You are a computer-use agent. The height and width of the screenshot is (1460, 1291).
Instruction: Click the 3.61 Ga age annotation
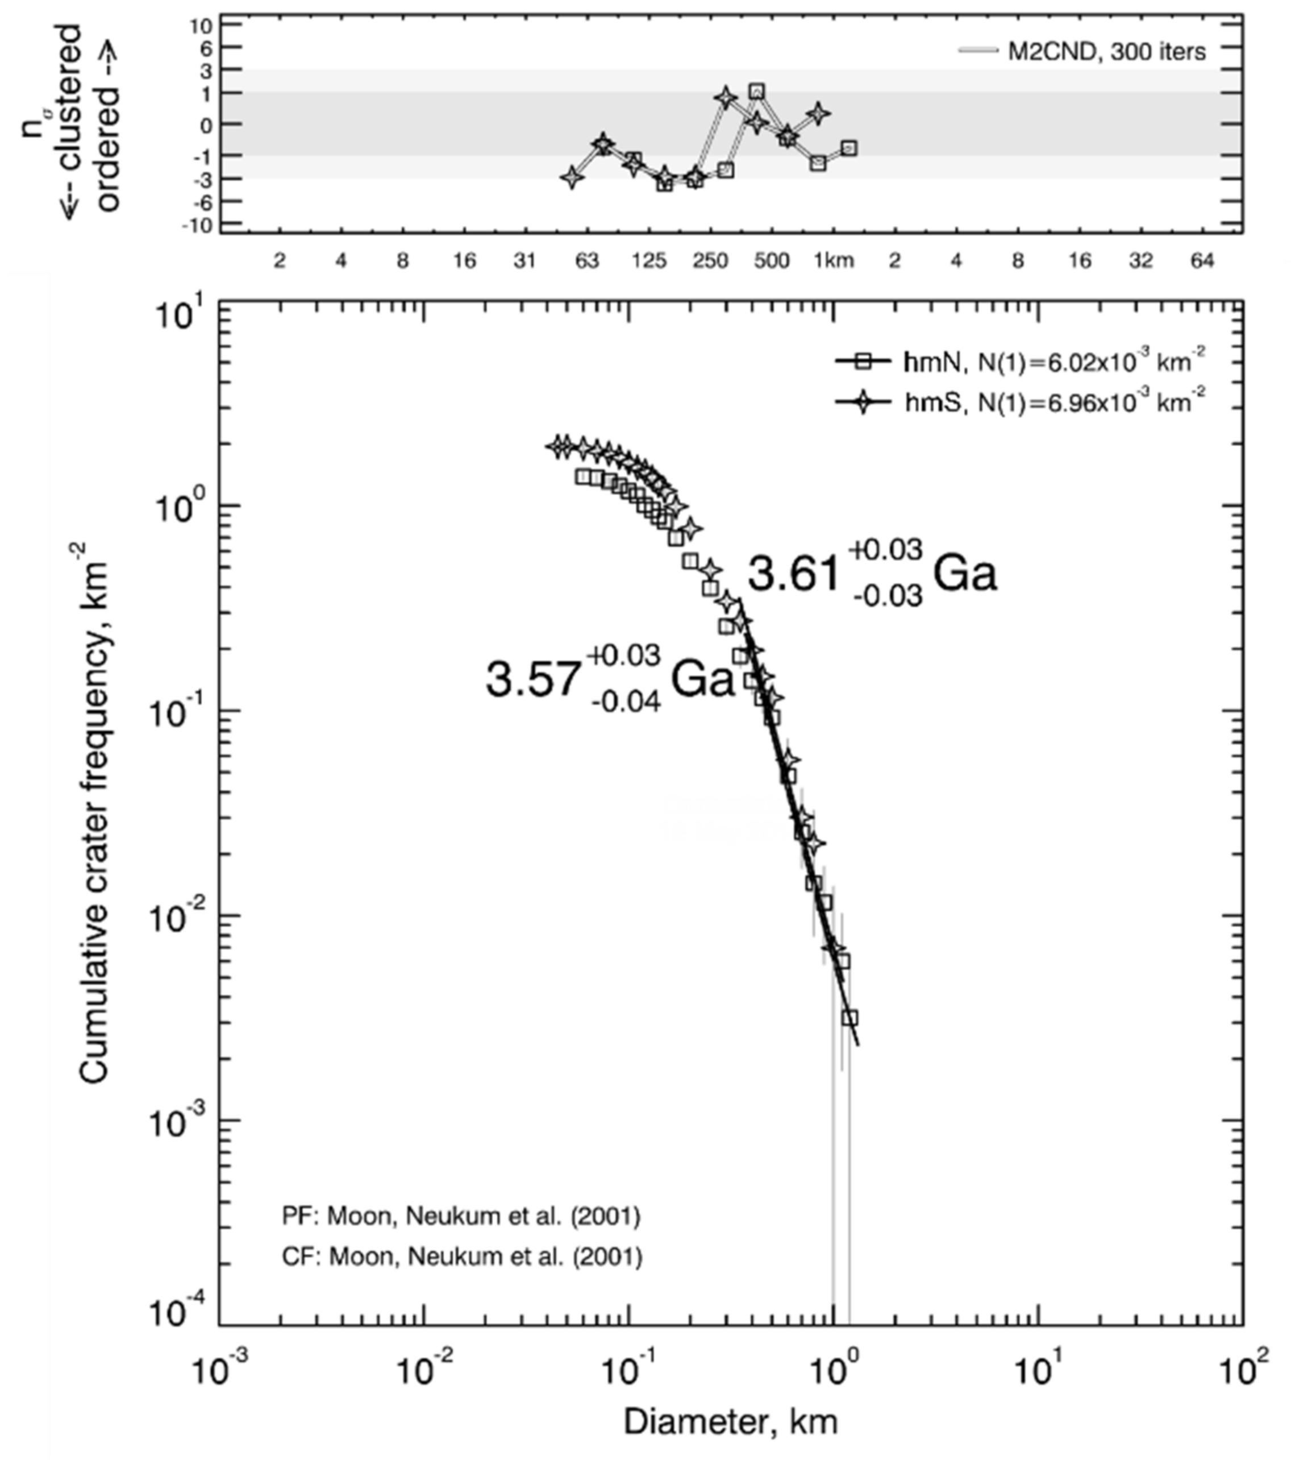(x=871, y=574)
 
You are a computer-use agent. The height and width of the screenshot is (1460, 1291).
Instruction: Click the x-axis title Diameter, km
(x=730, y=1421)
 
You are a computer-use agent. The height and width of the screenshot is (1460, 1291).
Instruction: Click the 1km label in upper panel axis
(x=833, y=261)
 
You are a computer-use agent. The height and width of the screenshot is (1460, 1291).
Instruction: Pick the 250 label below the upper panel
(x=710, y=261)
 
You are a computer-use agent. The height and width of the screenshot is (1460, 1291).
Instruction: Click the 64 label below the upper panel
(x=1202, y=261)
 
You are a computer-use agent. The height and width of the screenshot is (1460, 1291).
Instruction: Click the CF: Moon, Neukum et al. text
(x=462, y=1256)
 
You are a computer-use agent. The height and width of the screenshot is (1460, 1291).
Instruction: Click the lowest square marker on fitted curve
(x=849, y=1018)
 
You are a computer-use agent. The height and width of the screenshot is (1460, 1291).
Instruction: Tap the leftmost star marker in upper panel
(x=571, y=177)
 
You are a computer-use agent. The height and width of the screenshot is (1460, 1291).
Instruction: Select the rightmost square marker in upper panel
(x=848, y=148)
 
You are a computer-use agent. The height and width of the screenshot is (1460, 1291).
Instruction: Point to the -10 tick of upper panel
(x=201, y=226)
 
